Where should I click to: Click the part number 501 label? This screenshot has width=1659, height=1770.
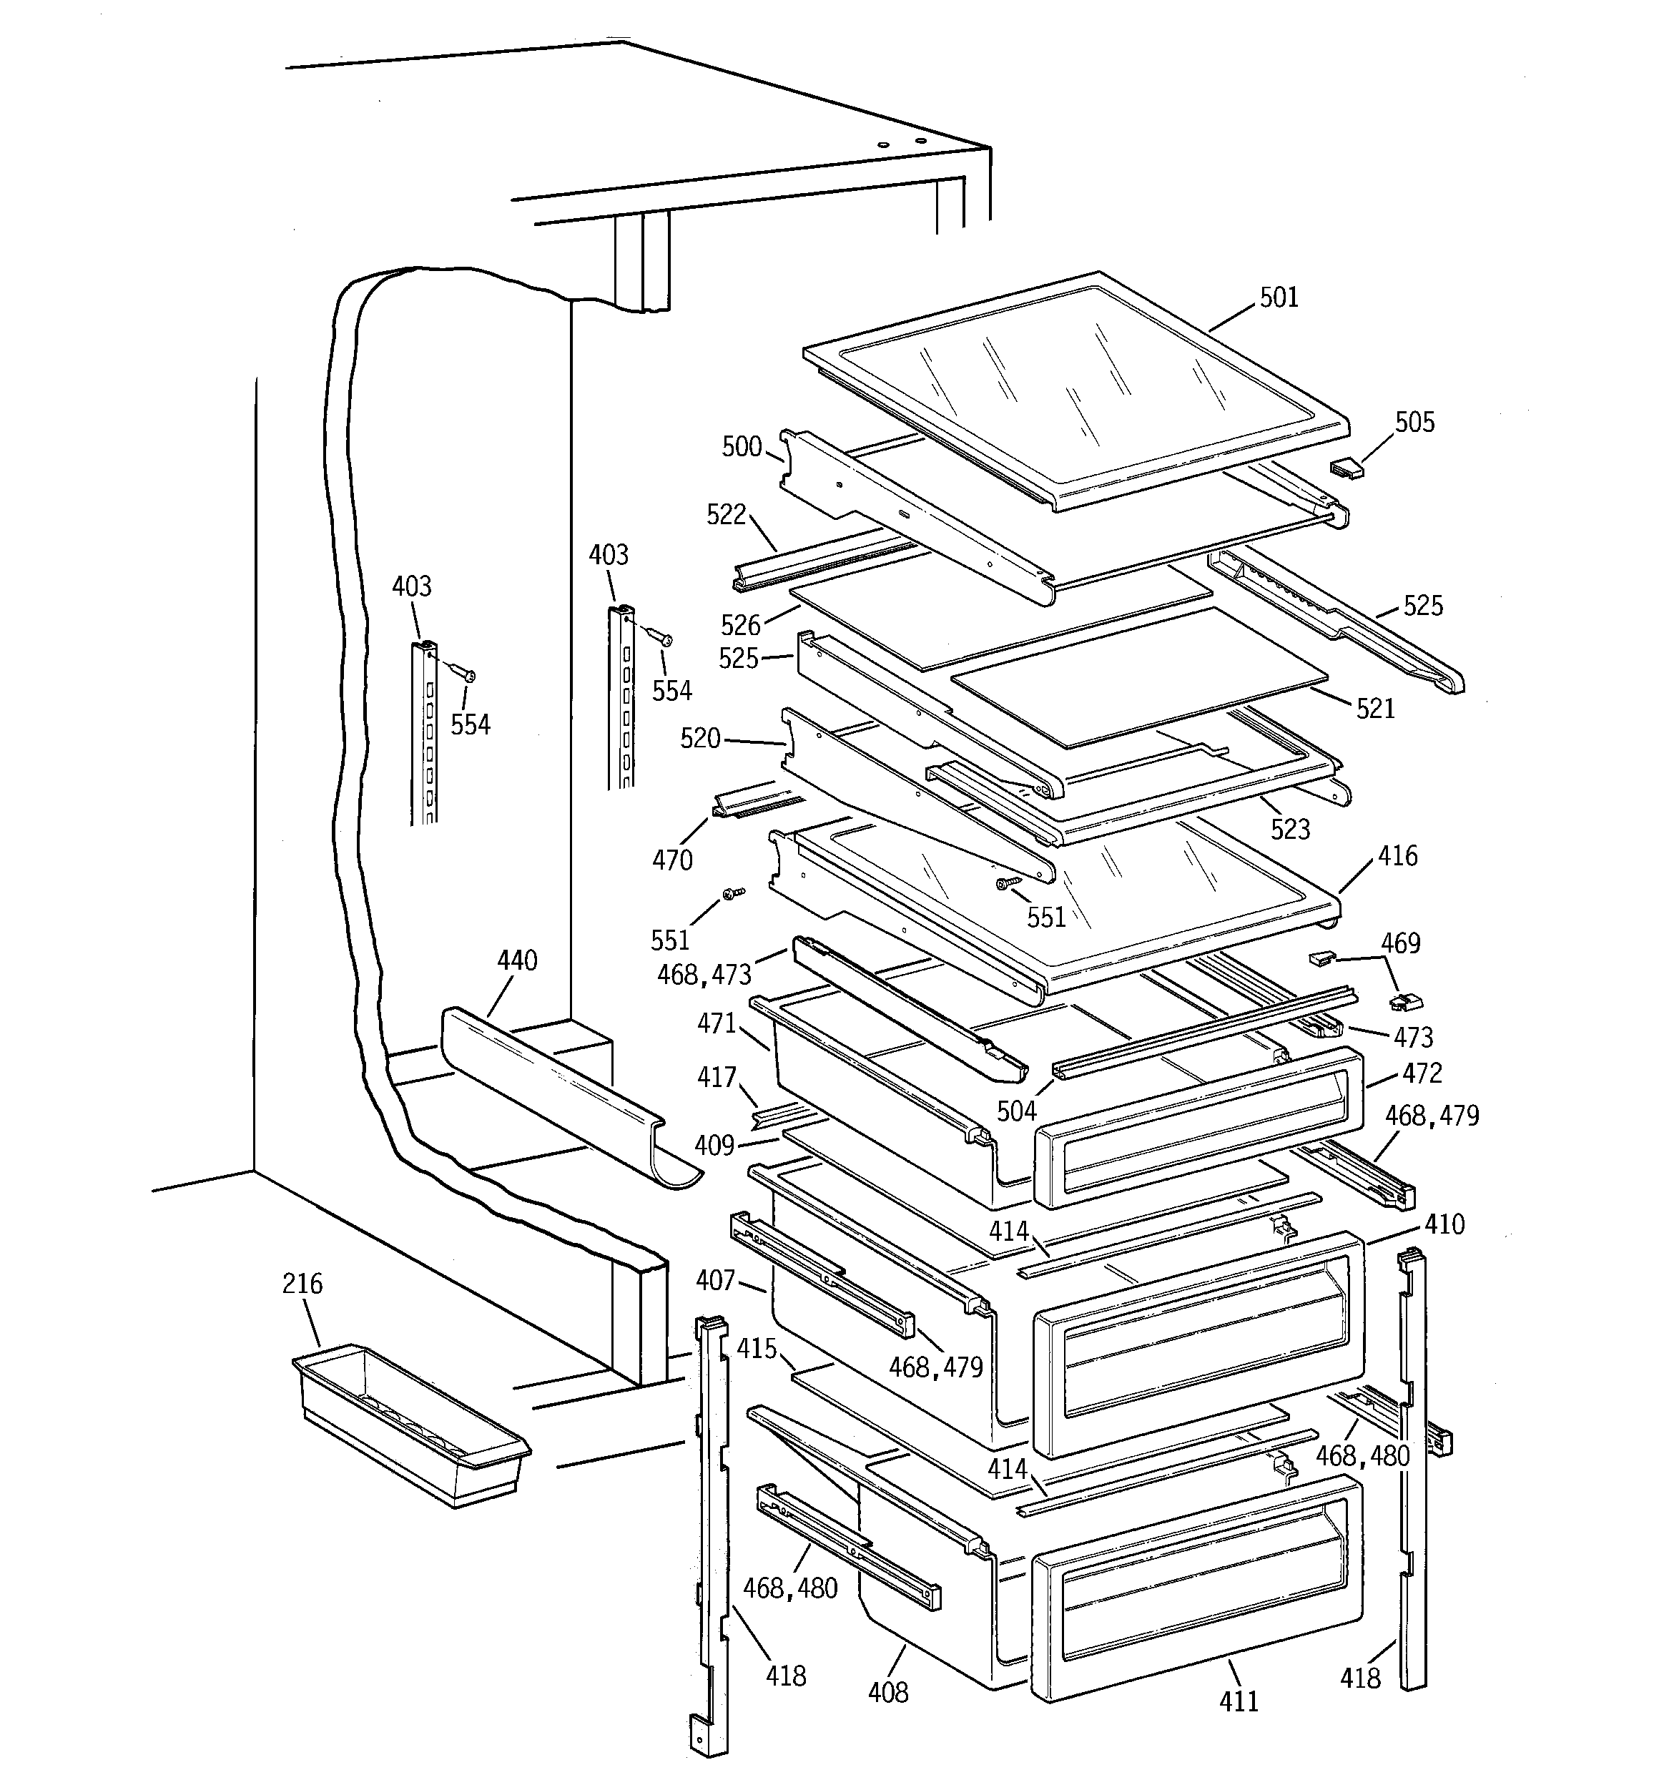point(1279,298)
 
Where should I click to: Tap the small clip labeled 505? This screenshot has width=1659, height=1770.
point(1347,468)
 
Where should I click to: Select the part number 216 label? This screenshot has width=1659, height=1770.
point(302,1283)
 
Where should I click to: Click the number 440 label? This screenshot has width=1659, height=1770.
point(516,960)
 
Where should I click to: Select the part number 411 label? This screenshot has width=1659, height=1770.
point(1239,1701)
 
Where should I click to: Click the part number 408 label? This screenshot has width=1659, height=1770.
point(888,1691)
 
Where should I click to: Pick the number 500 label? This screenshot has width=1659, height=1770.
point(741,446)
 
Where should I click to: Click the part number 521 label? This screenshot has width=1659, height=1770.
point(1375,709)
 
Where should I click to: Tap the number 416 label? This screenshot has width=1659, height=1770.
point(1397,857)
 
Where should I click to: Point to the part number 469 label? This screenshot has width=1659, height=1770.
point(1400,943)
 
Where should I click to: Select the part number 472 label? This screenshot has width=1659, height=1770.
point(1422,1073)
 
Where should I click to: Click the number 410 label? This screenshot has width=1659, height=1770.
point(1444,1225)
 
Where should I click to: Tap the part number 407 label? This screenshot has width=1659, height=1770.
point(715,1280)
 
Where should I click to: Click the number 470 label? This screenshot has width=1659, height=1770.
point(671,860)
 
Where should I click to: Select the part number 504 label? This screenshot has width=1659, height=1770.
point(1016,1111)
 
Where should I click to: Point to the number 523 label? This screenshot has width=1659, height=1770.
point(1289,830)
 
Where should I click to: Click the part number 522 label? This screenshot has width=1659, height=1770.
point(726,515)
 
